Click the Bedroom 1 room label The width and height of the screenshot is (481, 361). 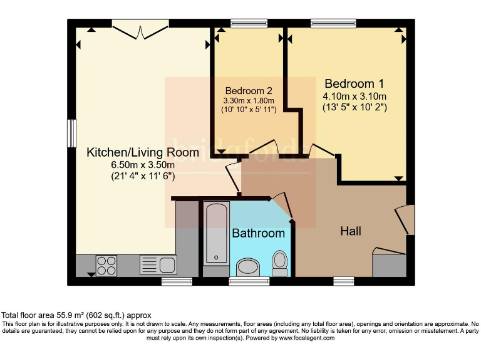pos(354,83)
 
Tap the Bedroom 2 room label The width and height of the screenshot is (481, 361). pos(249,90)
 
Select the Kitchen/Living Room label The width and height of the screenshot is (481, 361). pos(142,152)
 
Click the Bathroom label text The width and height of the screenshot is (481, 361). pos(258,233)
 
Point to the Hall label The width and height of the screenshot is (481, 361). pos(351,231)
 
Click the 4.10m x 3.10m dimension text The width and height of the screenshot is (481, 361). pos(354,97)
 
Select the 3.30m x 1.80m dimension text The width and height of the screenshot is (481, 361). pos(249,100)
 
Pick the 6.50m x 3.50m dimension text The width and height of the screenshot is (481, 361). pos(142,165)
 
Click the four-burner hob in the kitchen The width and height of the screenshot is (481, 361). pos(106,265)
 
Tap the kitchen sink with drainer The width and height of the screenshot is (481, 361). pos(152,264)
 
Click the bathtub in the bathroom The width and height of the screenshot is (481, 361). pos(216,232)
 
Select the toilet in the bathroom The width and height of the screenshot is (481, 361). pos(280,263)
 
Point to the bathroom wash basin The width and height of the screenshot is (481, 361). pos(249,268)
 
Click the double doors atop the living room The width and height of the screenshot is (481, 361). pos(140,29)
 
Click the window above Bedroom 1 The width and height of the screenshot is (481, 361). pos(333,24)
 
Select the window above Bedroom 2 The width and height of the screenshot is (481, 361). pos(249,24)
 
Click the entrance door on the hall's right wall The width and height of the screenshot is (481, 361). pos(406,221)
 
